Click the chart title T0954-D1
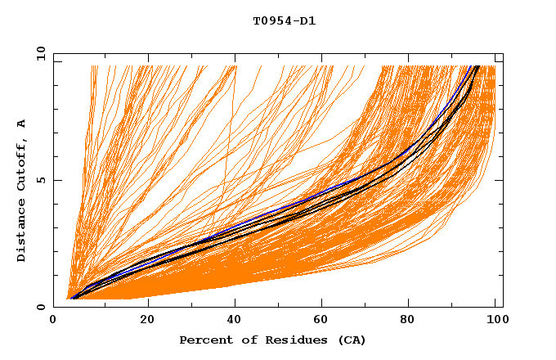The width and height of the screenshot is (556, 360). (x=285, y=21)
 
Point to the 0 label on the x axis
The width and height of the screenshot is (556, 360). (x=54, y=322)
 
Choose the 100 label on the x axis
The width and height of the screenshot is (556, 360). (x=495, y=322)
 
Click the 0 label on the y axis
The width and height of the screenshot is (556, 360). (x=41, y=307)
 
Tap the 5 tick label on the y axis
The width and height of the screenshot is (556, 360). (x=41, y=180)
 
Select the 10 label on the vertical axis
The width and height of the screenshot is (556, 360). (x=38, y=53)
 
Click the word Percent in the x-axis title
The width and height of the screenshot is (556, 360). (x=203, y=340)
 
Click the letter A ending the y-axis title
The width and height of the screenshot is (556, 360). (x=21, y=123)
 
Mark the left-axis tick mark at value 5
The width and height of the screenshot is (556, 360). (x=56, y=180)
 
